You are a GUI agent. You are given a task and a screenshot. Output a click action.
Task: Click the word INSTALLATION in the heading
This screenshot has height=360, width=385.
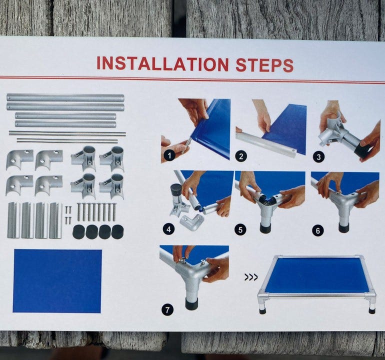click(162, 63)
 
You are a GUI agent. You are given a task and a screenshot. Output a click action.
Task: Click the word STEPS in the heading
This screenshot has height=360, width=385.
click(264, 65)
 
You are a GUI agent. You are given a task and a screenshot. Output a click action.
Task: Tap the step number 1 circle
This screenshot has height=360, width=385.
click(169, 155)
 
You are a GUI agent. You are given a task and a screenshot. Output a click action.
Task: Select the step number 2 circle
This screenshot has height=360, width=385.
click(240, 156)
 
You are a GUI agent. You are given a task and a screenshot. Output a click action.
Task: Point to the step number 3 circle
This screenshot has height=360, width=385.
click(318, 157)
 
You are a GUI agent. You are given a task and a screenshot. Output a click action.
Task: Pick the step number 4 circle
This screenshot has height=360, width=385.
click(168, 229)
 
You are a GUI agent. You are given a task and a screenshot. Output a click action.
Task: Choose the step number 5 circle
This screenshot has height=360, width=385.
click(240, 230)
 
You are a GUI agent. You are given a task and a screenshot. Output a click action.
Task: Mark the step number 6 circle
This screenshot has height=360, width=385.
click(318, 231)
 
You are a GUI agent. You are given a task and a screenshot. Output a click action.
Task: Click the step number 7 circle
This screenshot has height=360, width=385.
click(167, 309)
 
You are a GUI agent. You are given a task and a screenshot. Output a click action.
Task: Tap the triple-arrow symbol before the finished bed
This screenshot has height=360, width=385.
click(251, 277)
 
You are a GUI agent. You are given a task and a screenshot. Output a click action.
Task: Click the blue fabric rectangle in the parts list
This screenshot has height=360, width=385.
click(57, 281)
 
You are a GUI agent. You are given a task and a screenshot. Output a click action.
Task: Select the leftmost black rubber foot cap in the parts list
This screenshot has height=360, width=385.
click(79, 232)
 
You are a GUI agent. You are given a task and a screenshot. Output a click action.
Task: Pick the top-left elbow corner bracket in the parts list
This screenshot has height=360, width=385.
click(19, 159)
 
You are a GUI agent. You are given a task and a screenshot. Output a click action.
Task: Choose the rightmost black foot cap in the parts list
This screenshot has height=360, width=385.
click(117, 232)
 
